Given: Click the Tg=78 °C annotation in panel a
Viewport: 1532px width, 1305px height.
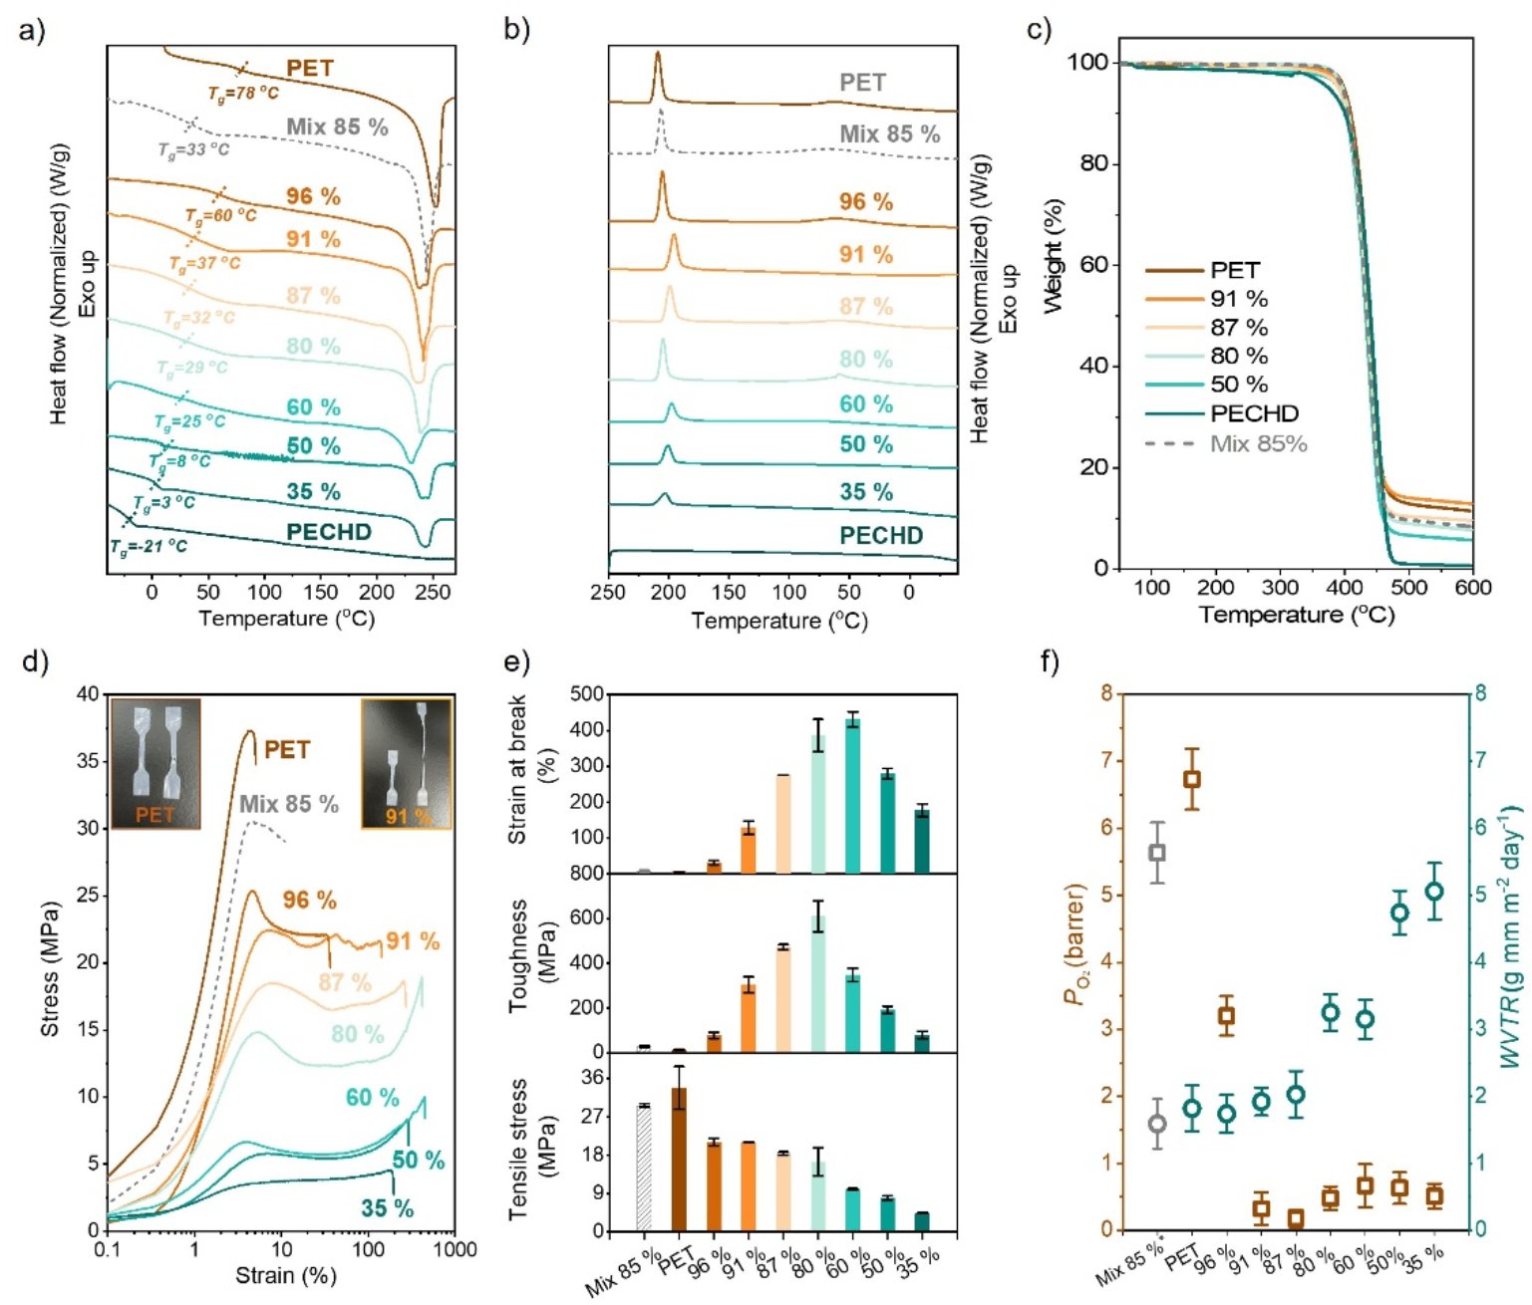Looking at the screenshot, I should coord(243,94).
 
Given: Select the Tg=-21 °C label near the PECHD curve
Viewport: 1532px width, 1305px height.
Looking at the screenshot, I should coord(149,546).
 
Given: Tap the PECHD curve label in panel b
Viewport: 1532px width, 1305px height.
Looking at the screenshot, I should coord(880,535).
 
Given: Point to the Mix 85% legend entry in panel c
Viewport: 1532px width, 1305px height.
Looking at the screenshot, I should coord(1257,443).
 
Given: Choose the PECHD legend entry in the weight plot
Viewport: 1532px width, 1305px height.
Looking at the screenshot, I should coord(1254,413).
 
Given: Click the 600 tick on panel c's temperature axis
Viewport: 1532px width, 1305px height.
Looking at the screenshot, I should coord(1472,588).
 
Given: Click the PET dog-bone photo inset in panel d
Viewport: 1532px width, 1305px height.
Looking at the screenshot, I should coord(154,764).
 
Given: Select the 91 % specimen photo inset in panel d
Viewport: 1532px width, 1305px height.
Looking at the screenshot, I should coord(406,764).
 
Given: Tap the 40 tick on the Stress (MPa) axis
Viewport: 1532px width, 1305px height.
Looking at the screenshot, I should coord(88,694).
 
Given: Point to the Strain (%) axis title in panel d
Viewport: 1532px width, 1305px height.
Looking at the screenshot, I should coord(285,1275).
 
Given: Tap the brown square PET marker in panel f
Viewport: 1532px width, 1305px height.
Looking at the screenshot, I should coord(1191,779).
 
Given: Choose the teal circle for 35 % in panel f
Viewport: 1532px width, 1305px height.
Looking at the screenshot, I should coord(1434,892).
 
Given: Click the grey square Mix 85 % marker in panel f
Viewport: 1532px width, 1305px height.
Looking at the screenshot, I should coord(1157,852).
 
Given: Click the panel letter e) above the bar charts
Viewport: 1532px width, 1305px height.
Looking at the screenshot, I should coord(518,661).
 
